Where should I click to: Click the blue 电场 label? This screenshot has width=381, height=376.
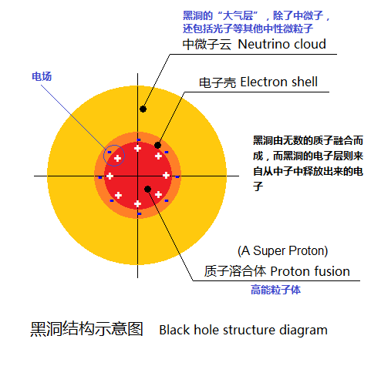point(42,76)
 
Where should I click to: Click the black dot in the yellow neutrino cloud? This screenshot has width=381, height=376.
point(143,109)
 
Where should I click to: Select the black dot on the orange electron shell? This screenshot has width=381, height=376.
point(157,146)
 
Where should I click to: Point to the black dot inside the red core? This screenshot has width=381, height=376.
point(147,190)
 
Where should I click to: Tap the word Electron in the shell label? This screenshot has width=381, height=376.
point(260,82)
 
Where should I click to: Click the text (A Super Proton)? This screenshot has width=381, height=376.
point(283,251)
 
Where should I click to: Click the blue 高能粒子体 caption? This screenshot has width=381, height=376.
point(275,290)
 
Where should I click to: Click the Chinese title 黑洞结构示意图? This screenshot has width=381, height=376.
point(86,329)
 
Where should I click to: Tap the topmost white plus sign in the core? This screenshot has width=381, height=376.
point(137,148)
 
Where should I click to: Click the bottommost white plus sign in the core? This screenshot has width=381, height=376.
point(137,204)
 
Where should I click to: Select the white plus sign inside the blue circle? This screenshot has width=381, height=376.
point(117,158)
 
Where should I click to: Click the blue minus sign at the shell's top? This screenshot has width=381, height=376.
point(139,140)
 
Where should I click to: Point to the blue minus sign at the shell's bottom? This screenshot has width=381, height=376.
point(139,213)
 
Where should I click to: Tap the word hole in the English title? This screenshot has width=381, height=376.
point(205,330)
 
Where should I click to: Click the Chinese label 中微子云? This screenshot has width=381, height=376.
point(207,45)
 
